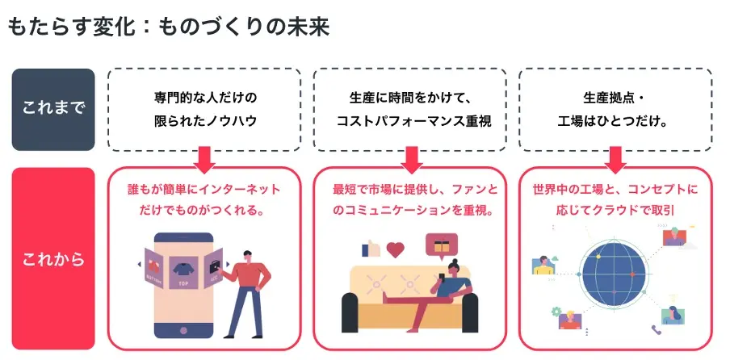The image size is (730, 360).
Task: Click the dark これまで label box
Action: point(53,109)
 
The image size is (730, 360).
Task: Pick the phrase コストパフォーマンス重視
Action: point(410,121)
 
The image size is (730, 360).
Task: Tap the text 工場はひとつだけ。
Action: point(615,121)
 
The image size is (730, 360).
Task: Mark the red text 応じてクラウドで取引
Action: point(615,211)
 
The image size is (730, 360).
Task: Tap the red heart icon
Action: point(396,249)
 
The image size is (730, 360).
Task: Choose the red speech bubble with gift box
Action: point(442,244)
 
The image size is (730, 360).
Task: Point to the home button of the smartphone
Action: point(182,331)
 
